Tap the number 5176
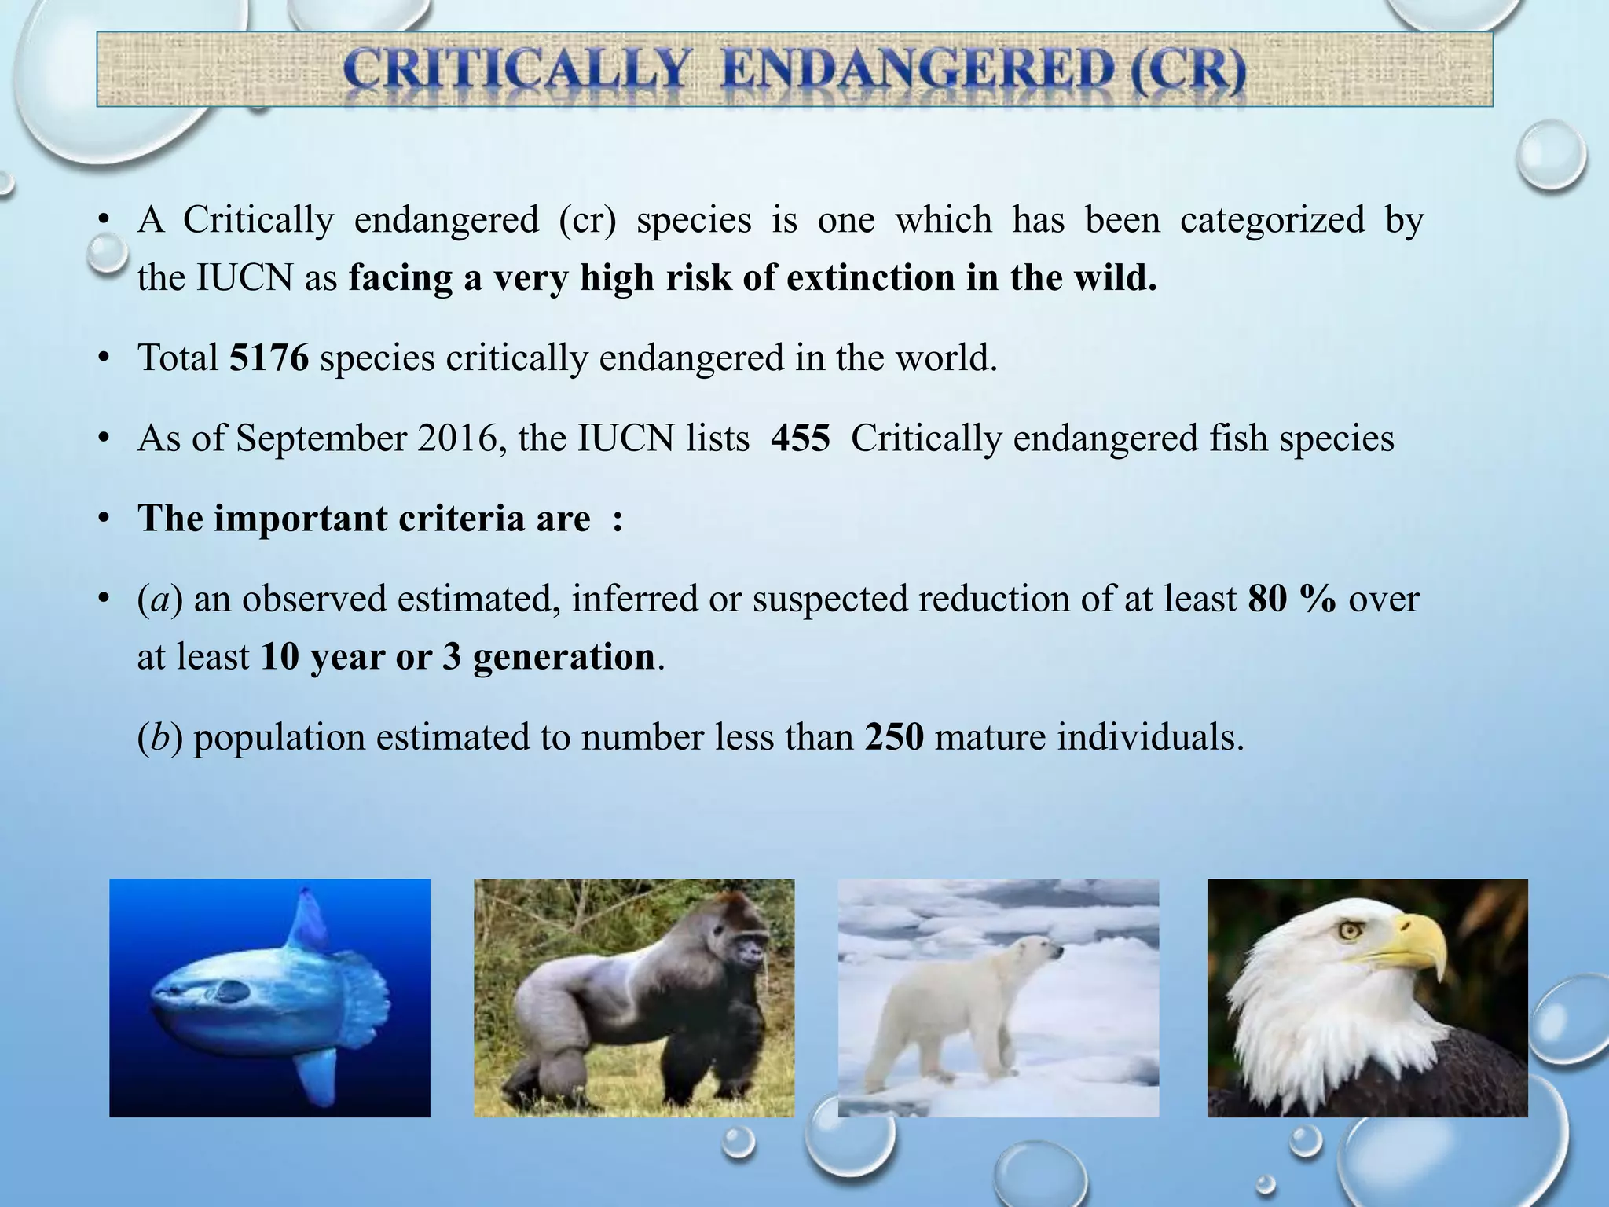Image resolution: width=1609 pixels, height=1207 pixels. point(269,358)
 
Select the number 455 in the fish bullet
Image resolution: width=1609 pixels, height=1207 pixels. point(800,438)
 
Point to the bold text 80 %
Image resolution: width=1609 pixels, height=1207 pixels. point(1292,599)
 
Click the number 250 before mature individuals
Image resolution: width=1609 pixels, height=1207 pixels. point(894,737)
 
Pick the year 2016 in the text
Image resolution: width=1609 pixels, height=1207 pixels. point(462,438)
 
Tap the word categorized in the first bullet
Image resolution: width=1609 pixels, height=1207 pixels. point(1272,219)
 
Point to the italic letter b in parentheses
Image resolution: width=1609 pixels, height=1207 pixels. point(160,737)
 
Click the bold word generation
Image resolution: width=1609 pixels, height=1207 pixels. point(563,657)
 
